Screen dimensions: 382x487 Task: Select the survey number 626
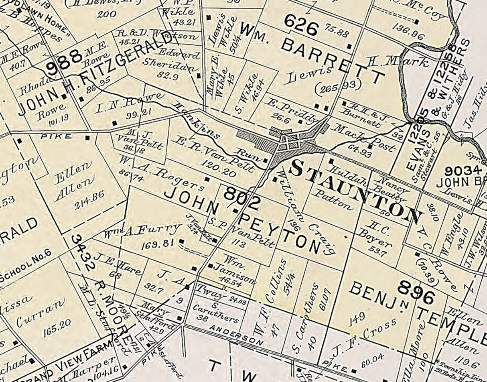[301, 27]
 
